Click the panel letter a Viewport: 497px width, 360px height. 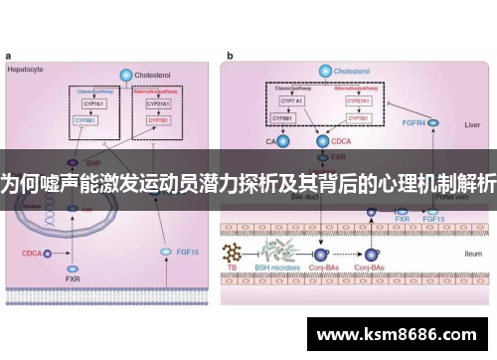[x=9, y=57]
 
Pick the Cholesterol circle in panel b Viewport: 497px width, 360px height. [x=323, y=72]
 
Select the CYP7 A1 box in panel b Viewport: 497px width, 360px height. [x=291, y=100]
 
